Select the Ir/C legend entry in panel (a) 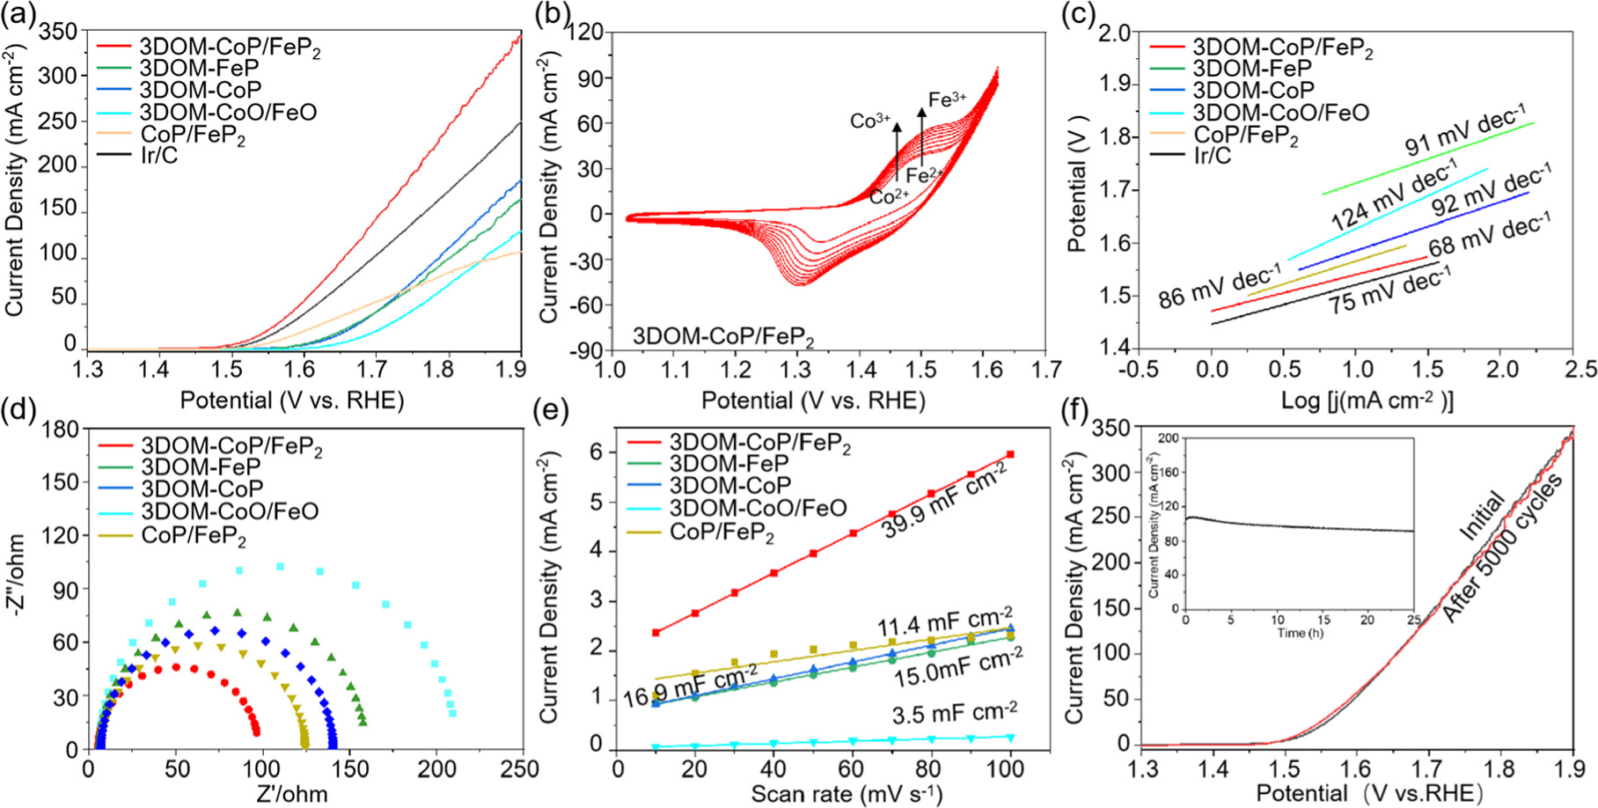[x=158, y=157]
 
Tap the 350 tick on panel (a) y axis [x=60, y=31]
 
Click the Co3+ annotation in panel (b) [x=869, y=121]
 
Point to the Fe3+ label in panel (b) [x=947, y=99]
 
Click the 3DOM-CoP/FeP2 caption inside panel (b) [x=723, y=338]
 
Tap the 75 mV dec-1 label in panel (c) [x=1389, y=290]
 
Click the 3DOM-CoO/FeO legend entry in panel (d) [x=230, y=511]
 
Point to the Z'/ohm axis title [x=292, y=794]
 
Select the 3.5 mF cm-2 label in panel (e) [x=955, y=712]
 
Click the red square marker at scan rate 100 [x=1010, y=454]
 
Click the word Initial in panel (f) [x=1482, y=515]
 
